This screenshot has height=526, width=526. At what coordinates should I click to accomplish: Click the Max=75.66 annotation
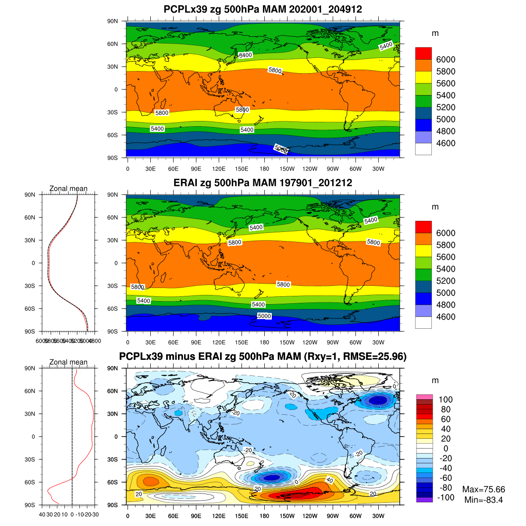coord(483,490)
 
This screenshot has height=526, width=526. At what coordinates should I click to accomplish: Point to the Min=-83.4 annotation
coord(483,499)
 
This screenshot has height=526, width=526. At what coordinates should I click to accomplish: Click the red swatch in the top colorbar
coord(423,53)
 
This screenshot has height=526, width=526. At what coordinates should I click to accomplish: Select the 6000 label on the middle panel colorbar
coord(445,233)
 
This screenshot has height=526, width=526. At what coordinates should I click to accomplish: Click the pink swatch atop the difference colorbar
coord(424,397)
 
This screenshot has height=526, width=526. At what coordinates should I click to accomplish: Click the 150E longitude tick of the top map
coord(242,169)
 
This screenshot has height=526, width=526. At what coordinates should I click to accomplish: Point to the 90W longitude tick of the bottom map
coord(333,516)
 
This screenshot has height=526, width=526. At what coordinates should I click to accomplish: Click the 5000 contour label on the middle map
coord(264,316)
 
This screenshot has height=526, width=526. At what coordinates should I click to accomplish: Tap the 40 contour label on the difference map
coord(330,480)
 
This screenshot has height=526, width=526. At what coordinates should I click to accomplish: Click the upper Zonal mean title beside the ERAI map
coord(68,188)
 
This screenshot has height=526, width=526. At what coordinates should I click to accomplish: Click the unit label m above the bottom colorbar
coord(435,380)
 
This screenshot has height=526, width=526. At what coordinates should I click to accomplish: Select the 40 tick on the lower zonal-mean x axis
coord(43,515)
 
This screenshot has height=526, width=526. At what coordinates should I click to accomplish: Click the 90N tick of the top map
coord(113,21)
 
